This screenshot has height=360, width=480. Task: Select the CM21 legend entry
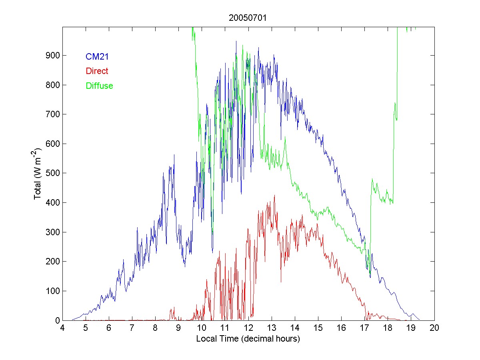[97, 57]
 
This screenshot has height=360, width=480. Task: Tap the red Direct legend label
[97, 71]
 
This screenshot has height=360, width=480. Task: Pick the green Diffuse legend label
[99, 86]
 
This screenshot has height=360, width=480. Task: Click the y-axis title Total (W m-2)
[38, 173]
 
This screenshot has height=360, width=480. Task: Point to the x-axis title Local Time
[248, 339]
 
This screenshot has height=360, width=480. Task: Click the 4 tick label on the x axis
[62, 328]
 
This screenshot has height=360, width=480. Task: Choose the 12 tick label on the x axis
[248, 328]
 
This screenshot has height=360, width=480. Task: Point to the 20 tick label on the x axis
[434, 328]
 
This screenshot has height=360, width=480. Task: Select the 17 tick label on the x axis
[365, 328]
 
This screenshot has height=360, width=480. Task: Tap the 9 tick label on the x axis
[179, 328]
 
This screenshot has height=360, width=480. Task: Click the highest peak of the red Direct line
[274, 195]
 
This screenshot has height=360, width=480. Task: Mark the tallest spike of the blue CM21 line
[236, 41]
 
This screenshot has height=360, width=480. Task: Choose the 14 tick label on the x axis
[295, 328]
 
